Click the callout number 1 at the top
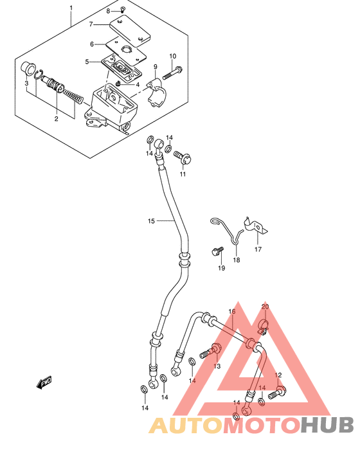(71, 7)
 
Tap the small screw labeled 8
(123, 9)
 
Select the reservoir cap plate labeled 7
(130, 31)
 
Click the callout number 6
(92, 44)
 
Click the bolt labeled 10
(172, 73)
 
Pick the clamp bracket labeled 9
(157, 93)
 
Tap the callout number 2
(56, 119)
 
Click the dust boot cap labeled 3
(28, 67)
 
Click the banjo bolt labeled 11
(183, 157)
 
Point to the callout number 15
(151, 221)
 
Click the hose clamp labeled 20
(263, 326)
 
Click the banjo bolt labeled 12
(278, 392)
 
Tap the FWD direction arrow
(44, 382)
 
